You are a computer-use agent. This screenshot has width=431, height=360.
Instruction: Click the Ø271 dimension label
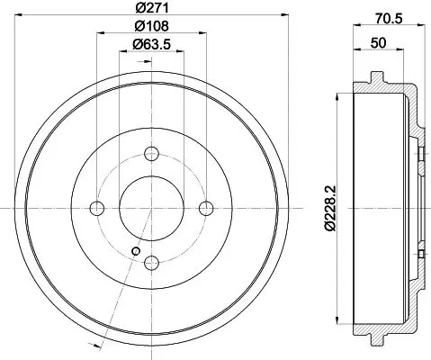tap(152, 8)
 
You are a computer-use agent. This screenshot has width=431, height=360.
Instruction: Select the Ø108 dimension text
tap(152, 26)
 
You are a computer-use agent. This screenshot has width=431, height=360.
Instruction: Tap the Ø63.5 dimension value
tap(152, 44)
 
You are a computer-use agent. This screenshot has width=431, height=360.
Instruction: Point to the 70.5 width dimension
tap(389, 19)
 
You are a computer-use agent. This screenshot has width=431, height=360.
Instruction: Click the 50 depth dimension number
tap(378, 43)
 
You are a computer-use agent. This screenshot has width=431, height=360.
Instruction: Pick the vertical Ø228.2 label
tap(331, 208)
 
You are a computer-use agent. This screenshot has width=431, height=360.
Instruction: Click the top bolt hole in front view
tap(151, 154)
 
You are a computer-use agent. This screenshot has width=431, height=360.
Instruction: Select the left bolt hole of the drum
tap(97, 208)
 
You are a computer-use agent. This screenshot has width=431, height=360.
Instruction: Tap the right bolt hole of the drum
tap(206, 208)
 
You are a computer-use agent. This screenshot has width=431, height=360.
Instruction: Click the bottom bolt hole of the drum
tap(151, 263)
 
